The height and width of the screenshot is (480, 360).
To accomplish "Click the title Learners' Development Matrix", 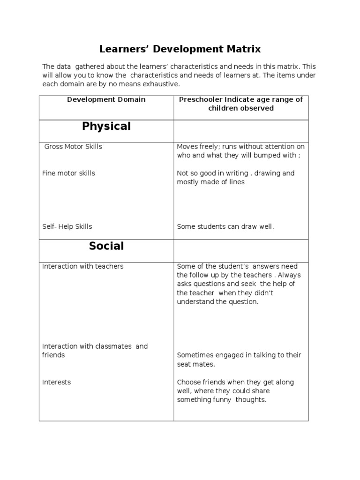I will pyautogui.click(x=180, y=49).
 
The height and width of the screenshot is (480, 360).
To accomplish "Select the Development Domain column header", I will pyautogui.click(x=106, y=99).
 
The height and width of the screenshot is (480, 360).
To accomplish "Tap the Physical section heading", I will pyautogui.click(x=106, y=126).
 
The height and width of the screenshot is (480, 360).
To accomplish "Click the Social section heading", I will pyautogui.click(x=106, y=246).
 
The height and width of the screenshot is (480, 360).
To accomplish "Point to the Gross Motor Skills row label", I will pyautogui.click(x=73, y=147).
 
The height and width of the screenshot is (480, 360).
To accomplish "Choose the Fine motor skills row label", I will pyautogui.click(x=68, y=173).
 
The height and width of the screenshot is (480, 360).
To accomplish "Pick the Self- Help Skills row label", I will pyautogui.click(x=67, y=227).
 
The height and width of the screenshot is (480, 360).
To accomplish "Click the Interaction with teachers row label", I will pyautogui.click(x=83, y=266).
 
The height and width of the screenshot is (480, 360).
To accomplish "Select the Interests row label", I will pyautogui.click(x=56, y=382).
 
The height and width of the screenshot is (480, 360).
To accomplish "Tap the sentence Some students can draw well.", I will pyautogui.click(x=225, y=227).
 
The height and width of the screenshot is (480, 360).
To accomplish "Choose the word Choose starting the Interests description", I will pyautogui.click(x=188, y=382).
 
